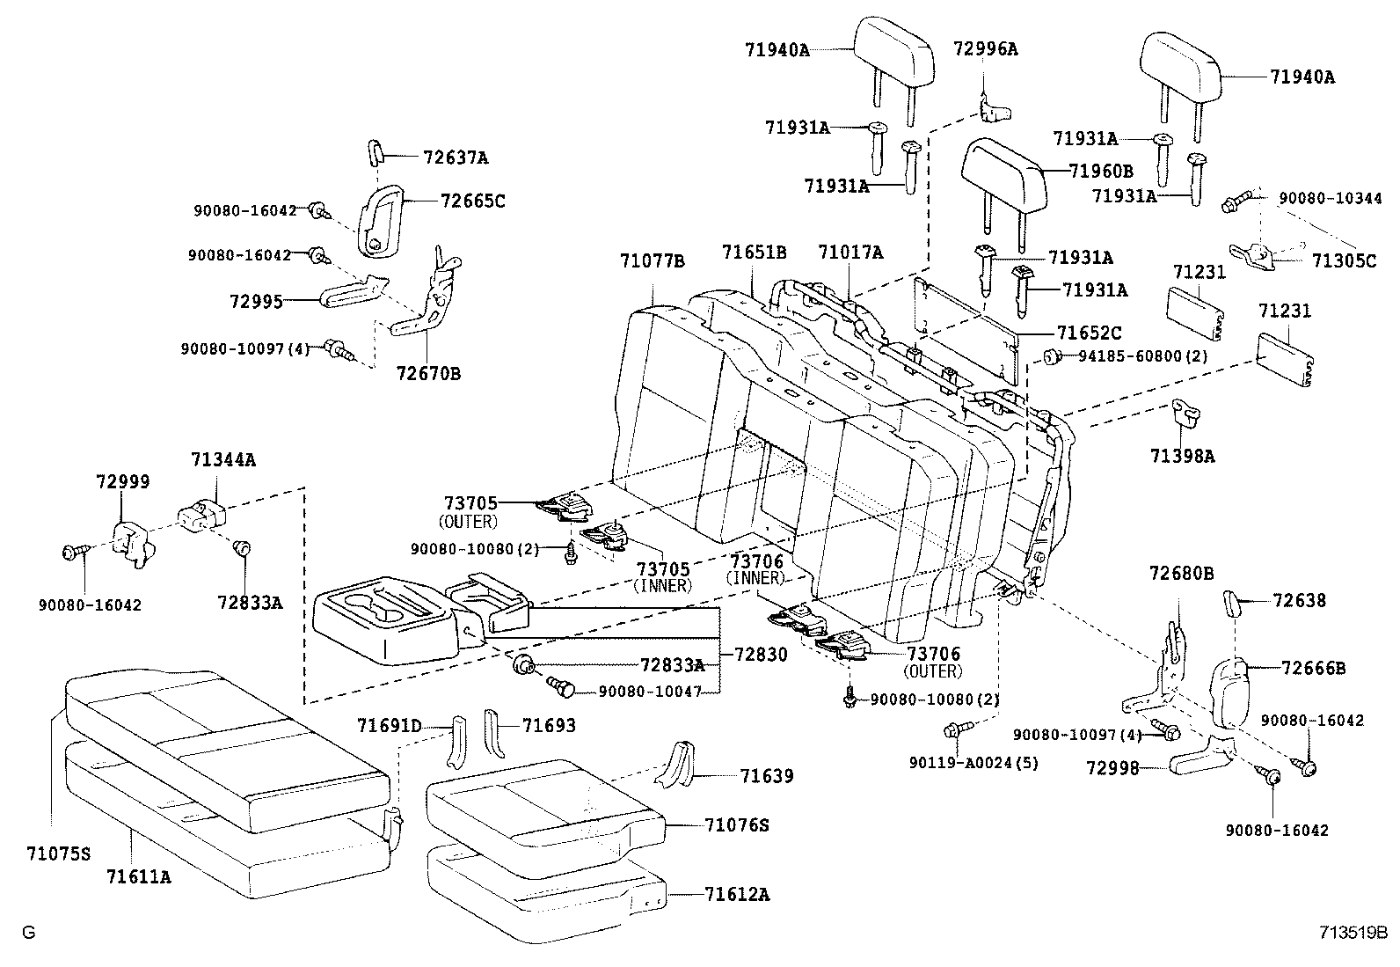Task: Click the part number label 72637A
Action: tap(455, 158)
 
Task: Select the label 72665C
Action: tap(473, 201)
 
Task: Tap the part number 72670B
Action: tap(427, 374)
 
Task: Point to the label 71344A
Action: tap(223, 459)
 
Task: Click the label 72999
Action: tap(122, 482)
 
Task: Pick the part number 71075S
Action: tap(58, 853)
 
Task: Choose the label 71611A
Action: tap(139, 876)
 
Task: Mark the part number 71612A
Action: tap(737, 894)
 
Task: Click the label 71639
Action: tap(766, 775)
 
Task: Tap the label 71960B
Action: tap(1101, 171)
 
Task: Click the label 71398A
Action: tap(1182, 456)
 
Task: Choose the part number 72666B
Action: tap(1313, 668)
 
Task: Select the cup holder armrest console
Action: tap(387, 620)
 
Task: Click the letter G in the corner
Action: tap(28, 933)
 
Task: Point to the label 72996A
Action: tap(985, 49)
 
